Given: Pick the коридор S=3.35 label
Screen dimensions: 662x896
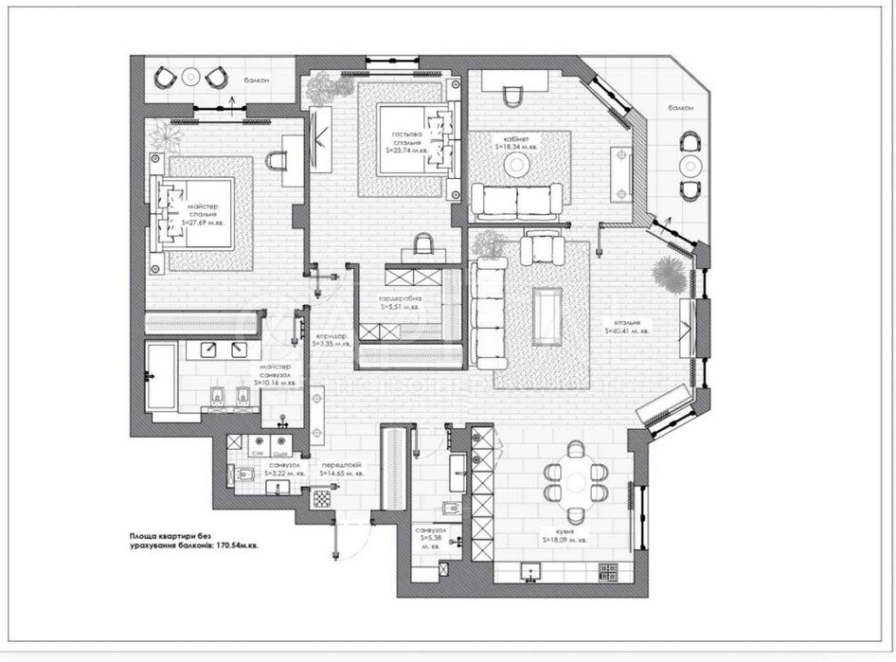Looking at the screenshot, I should click(332, 340).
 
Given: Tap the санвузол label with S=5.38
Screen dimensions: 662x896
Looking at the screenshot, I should click(423, 539).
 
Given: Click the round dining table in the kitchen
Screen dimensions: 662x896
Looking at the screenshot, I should click(575, 480).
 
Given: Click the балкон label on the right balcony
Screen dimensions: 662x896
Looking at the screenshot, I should click(680, 109).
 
